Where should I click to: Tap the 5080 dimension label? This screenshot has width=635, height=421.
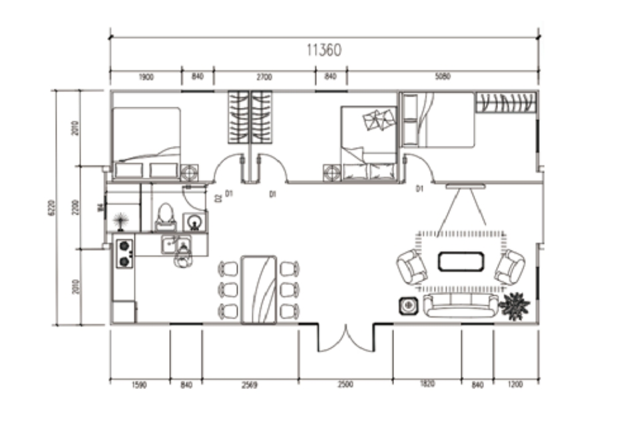443,77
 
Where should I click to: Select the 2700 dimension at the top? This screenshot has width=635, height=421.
264,77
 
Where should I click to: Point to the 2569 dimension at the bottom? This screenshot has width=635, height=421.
250,385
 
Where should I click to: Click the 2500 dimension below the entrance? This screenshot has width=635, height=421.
345,385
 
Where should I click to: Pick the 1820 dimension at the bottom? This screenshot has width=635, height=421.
427,385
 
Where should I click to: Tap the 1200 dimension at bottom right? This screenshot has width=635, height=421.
516,385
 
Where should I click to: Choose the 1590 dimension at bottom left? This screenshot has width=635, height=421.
139,385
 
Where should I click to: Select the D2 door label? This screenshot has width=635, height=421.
218,198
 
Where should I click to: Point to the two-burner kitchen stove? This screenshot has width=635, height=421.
124,253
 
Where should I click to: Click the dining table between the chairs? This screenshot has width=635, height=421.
258,289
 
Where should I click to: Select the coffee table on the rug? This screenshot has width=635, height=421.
461,260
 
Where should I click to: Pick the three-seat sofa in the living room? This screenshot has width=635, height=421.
461,305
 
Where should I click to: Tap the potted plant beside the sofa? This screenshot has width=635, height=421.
515,305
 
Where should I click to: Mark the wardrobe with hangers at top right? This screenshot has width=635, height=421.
506,103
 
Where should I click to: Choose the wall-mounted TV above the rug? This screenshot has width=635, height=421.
466,187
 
